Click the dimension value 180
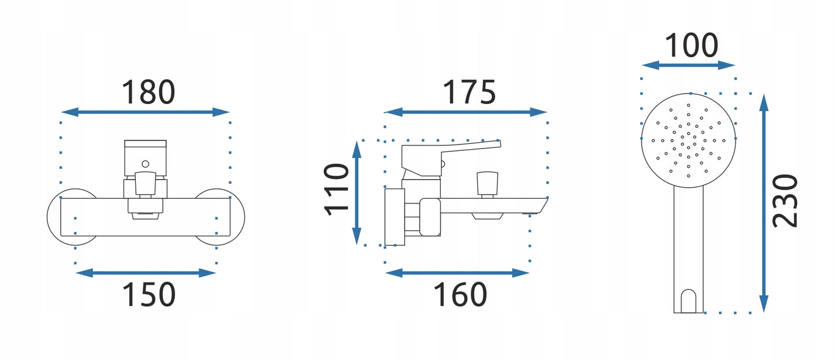tap(149, 92)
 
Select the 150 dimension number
tap(149, 294)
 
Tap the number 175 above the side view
tap(469, 92)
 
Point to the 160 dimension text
tap(460, 294)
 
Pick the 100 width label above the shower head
tap(692, 45)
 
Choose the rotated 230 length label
tap(785, 201)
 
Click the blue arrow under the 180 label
tap(146, 112)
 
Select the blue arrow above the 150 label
tap(146, 273)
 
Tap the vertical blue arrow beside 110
tap(357, 192)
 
